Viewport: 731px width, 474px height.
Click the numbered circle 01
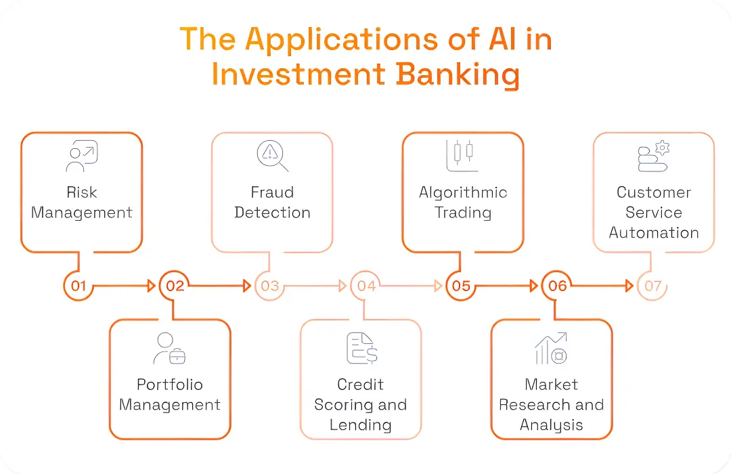click(79, 286)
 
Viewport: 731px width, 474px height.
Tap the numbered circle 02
click(175, 286)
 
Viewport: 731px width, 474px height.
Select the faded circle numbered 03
click(270, 286)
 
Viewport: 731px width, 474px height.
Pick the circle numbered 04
click(366, 286)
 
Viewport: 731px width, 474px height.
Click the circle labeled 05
click(462, 286)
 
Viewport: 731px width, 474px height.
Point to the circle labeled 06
click(557, 286)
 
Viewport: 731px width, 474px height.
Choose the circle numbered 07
click(652, 286)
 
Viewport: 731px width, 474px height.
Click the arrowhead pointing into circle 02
click(152, 286)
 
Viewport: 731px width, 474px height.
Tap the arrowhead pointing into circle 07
click(630, 286)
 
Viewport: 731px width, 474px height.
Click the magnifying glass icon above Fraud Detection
click(272, 156)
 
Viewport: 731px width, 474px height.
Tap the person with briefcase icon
click(169, 348)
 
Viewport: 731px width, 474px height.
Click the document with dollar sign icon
click(361, 348)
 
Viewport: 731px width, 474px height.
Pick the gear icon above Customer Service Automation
click(662, 147)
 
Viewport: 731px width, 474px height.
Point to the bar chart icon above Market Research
click(551, 348)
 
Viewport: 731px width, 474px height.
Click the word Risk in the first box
click(82, 192)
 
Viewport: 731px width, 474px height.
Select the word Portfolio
click(169, 385)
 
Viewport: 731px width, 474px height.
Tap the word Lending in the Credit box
click(360, 425)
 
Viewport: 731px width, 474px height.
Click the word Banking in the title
click(458, 74)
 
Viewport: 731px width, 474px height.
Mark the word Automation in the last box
click(653, 233)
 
